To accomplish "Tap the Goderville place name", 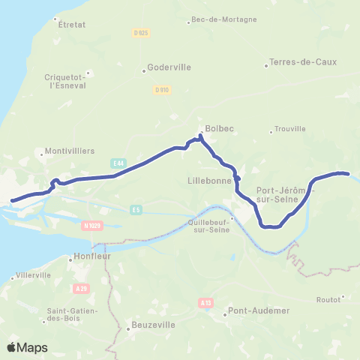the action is pos(170,67).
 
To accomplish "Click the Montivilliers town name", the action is pos(70,151).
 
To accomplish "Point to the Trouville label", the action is pos(290,128).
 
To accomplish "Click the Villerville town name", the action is pos(33,275).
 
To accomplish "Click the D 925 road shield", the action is pos(140,34).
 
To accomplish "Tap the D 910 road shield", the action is pos(161,89).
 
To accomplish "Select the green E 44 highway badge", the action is pos(118,163).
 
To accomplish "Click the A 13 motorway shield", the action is pos(206,302).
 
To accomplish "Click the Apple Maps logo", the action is pos(27,347).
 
